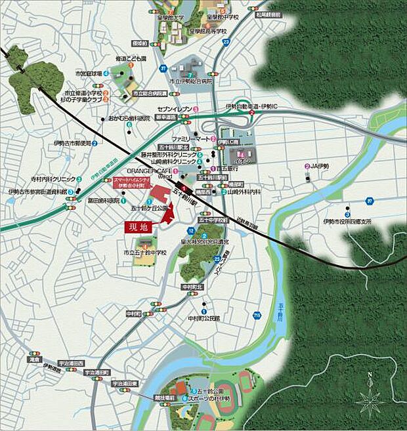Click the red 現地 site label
pyautogui.click(x=140, y=227)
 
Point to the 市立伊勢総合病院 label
pyautogui.click(x=192, y=81)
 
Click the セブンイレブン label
pyautogui.click(x=174, y=108)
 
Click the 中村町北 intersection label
pyautogui.click(x=192, y=287)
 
